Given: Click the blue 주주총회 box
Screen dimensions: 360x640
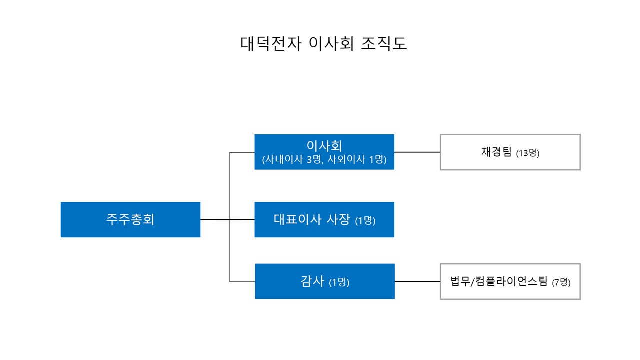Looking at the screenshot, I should (x=130, y=219).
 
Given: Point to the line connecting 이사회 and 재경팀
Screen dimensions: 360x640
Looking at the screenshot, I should (x=417, y=152).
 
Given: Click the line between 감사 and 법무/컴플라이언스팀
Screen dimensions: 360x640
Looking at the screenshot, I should (x=417, y=281).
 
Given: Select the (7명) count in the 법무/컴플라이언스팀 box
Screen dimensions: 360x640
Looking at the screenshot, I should (x=561, y=282).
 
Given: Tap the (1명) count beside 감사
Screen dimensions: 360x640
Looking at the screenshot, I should (x=339, y=282).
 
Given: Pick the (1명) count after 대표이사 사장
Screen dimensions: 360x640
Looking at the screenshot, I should (x=365, y=220).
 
